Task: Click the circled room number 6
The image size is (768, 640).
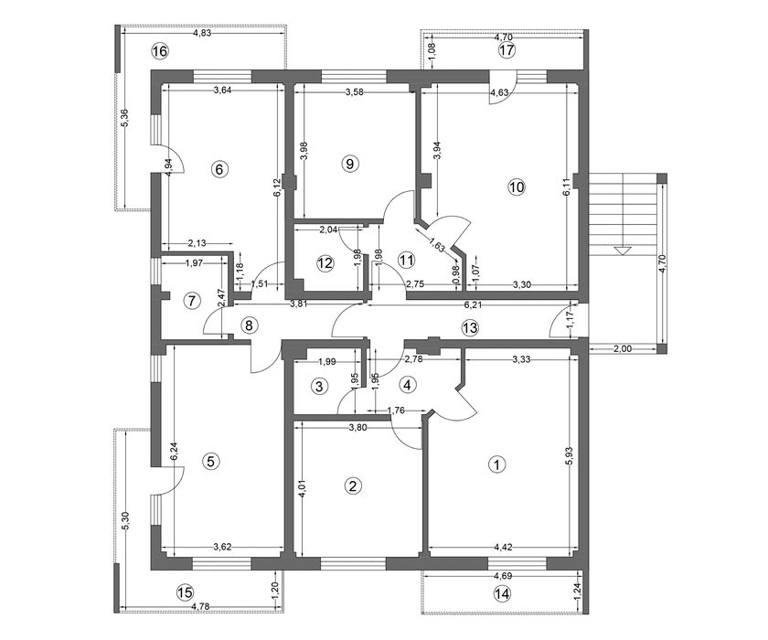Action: [x=219, y=169]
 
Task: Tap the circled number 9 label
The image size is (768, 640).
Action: [x=349, y=163]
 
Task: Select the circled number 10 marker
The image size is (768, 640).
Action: [x=517, y=187]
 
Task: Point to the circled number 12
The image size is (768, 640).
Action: [x=325, y=263]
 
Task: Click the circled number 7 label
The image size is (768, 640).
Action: [x=192, y=301]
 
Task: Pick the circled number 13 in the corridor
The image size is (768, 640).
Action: [x=470, y=327]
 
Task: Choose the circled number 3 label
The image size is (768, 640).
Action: [x=319, y=387]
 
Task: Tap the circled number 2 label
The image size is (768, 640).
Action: [x=353, y=485]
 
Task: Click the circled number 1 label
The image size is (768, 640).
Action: [x=497, y=464]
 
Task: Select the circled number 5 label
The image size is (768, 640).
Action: [x=210, y=461]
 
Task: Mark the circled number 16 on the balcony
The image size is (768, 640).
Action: [x=160, y=51]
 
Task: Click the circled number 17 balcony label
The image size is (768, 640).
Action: [x=507, y=50]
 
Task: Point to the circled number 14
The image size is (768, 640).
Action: [x=503, y=594]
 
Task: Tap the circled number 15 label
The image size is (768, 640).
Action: [x=185, y=592]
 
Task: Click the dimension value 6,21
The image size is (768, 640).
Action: [x=474, y=304]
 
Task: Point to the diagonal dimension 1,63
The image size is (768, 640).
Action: [x=437, y=244]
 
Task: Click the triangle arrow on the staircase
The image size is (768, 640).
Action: [x=622, y=251]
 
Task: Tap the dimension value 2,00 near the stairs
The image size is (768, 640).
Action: [x=623, y=349]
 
